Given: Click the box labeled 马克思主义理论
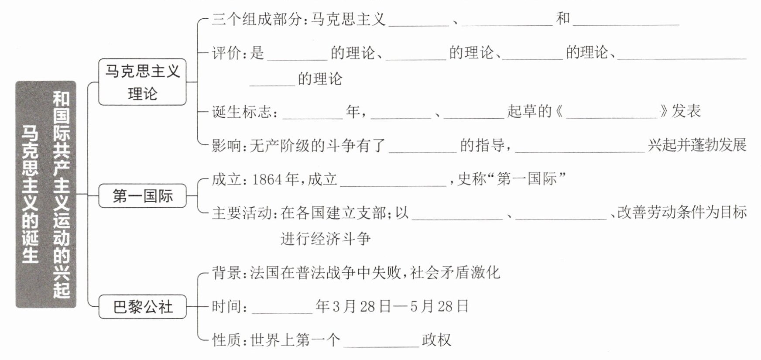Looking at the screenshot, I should coord(142,82).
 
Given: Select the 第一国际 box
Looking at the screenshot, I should coord(142,196).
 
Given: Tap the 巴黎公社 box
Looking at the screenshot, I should coord(142,307).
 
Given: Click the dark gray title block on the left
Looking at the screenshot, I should coord(46,194).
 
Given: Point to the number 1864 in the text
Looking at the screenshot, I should coord(267,179).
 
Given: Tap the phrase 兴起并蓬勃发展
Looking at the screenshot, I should coord(697,145).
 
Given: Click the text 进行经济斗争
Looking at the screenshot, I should coord(326,239).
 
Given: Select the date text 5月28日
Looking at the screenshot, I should coord(439,306).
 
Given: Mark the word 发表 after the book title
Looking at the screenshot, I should coord(686,111).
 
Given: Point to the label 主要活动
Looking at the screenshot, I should coord(242,213).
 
